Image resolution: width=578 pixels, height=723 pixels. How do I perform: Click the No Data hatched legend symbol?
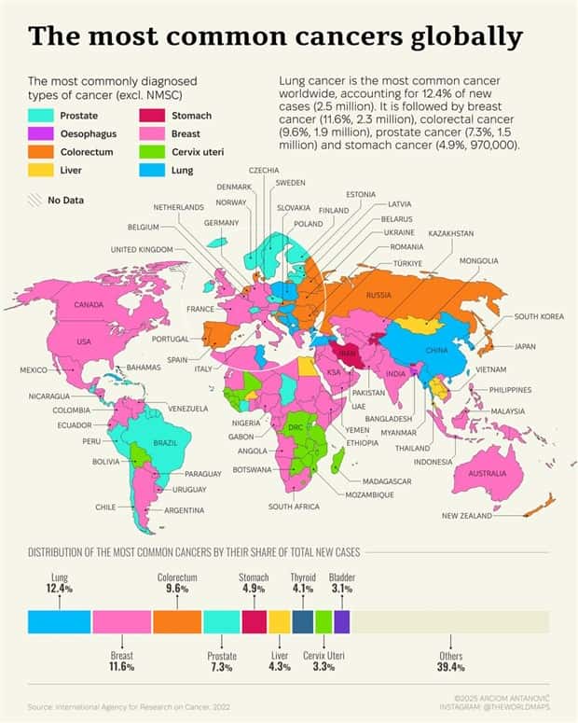(x=34, y=200)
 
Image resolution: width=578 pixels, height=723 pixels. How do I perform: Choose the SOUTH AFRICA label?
(x=294, y=507)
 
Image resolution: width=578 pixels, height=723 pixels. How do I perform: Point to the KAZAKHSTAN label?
(x=451, y=232)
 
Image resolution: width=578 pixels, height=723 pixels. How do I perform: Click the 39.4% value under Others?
(x=450, y=667)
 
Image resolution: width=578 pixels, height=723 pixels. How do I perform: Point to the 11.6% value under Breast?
(x=121, y=667)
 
